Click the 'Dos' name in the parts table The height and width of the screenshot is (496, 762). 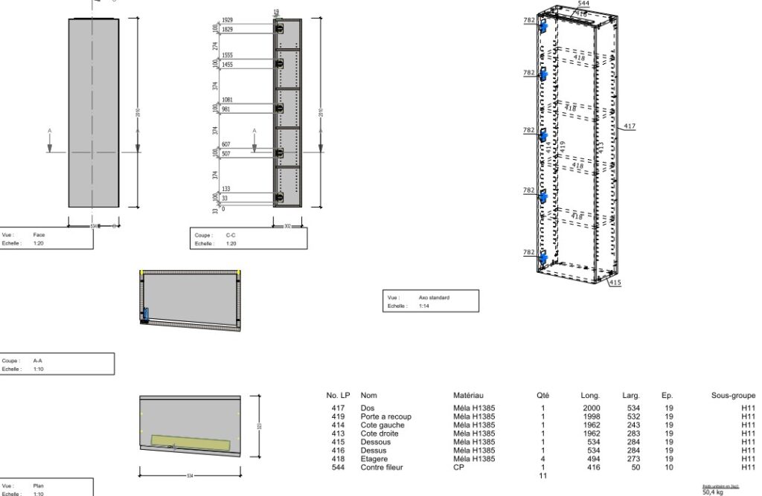point(367,408)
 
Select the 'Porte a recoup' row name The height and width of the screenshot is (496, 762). point(385,416)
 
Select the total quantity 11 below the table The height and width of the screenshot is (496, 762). point(543,475)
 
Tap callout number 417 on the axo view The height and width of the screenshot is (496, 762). point(630,126)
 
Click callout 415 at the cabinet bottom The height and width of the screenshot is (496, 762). point(615,283)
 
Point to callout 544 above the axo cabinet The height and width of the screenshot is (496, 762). point(583,4)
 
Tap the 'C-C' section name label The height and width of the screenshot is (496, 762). point(231,235)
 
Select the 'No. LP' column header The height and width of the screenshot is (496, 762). point(338,396)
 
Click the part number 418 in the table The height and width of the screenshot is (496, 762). point(338,458)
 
